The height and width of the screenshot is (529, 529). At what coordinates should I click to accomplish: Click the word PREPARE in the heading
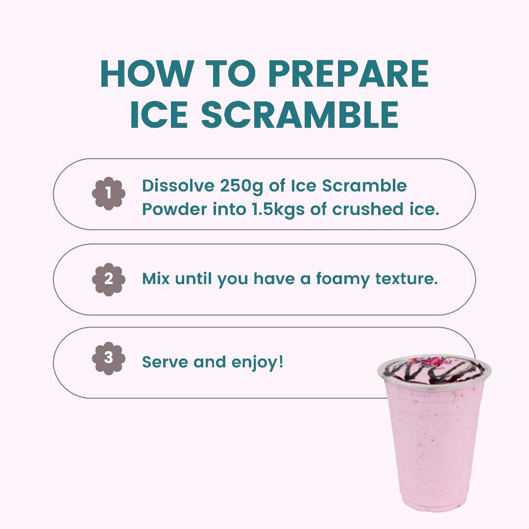coord(348,75)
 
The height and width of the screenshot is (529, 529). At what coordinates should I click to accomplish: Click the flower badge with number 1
coord(109,193)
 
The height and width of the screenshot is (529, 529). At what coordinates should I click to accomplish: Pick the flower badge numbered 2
coord(109,279)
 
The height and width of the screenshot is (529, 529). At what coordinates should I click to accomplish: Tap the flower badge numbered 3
coord(109,358)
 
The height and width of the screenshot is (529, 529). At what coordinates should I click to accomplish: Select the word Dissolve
coord(178,186)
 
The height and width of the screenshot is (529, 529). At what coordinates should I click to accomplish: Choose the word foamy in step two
coord(342,279)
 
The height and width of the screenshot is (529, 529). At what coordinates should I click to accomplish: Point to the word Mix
coord(156,279)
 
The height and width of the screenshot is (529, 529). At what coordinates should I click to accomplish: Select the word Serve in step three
coord(165,363)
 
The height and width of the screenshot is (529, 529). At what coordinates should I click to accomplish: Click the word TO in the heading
coord(231,75)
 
